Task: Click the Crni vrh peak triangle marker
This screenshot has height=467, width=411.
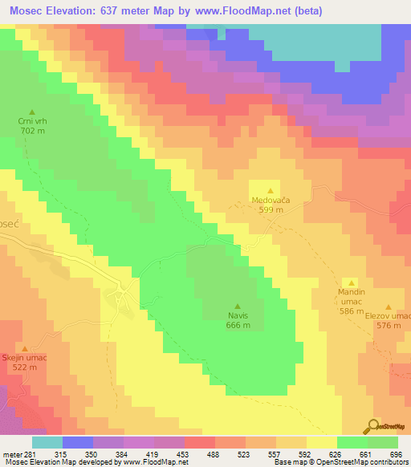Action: click(32, 112)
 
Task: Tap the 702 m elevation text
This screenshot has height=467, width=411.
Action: click(32, 130)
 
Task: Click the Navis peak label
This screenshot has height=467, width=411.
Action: click(238, 315)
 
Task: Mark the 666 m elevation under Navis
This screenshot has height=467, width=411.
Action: click(238, 325)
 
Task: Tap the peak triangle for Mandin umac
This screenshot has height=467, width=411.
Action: click(352, 282)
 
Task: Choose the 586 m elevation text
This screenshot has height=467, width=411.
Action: click(352, 311)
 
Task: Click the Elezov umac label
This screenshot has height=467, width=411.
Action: click(389, 315)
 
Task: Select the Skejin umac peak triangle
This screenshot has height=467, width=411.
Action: click(24, 347)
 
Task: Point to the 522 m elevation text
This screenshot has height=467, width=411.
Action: click(24, 366)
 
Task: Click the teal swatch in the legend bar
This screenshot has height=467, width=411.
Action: click(47, 442)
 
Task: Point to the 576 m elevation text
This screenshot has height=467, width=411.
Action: click(389, 325)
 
